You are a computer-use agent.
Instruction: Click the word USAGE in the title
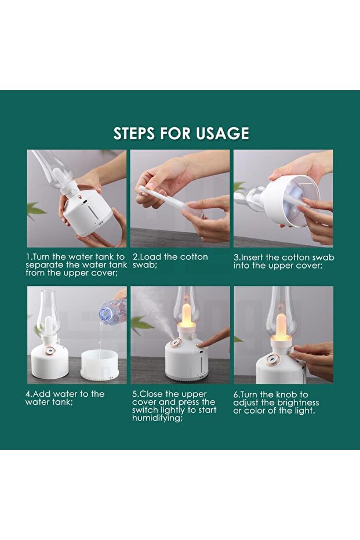point(223,133)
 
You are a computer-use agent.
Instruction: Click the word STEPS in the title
point(134,133)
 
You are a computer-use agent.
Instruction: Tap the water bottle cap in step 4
point(104,314)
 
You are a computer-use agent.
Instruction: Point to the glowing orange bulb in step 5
point(187,314)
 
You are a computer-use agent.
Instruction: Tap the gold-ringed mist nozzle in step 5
point(175,343)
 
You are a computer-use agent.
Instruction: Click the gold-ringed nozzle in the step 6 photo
point(272,360)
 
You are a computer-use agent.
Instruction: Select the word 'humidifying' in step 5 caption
point(157,418)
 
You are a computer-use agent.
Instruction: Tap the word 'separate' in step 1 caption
point(43,265)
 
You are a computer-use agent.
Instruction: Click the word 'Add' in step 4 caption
point(41,394)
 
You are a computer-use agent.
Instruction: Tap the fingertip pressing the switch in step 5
point(201,345)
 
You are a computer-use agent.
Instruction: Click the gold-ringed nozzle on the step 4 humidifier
point(50,350)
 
